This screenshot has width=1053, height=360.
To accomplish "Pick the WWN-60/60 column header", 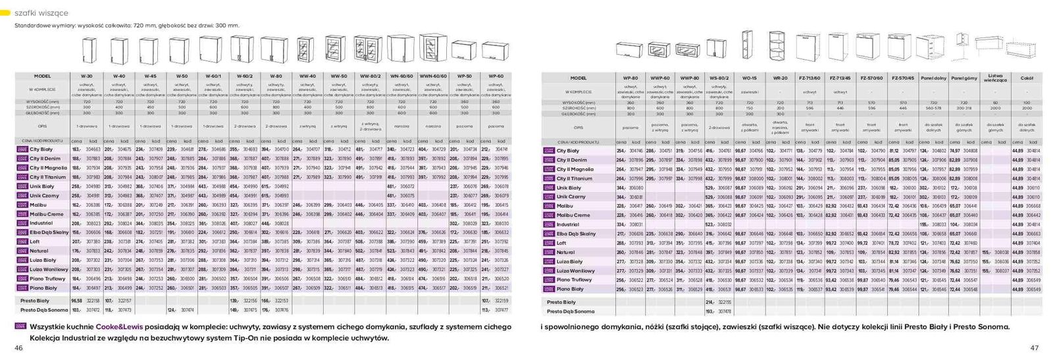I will point(433,76).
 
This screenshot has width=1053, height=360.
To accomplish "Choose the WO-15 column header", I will point(749,78).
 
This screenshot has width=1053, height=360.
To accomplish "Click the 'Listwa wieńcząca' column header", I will point(996,78).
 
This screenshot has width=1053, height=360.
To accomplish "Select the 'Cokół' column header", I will point(1027,78).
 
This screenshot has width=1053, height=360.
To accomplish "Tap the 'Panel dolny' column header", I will point(933,78).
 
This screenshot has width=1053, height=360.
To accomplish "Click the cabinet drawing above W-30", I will point(88,49).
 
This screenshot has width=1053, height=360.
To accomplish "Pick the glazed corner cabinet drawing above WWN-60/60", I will point(432,47).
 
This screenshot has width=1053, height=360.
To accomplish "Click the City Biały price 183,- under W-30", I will point(76,150).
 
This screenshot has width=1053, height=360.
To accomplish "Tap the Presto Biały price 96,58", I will point(76,301).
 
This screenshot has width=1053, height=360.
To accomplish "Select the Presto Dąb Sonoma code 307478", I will point(724,311).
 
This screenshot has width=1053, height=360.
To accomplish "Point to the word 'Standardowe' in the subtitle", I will point(31,25).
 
